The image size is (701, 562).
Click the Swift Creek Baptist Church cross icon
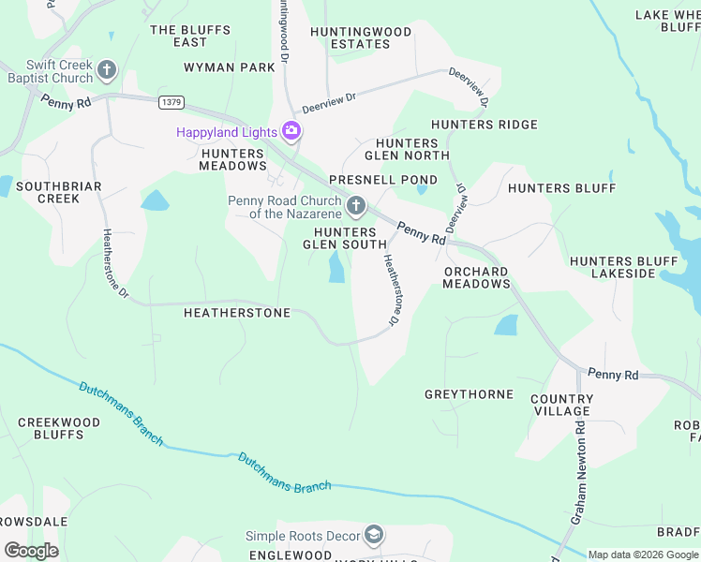pyautogui.click(x=107, y=69)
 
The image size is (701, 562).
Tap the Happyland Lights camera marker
pyautogui.click(x=291, y=131)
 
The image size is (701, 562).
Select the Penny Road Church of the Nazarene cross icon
pyautogui.click(x=355, y=206)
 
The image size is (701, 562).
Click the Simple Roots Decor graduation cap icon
pyautogui.click(x=374, y=535)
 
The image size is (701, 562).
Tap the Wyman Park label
pyautogui.click(x=230, y=67)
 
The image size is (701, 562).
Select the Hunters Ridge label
pyautogui.click(x=484, y=125)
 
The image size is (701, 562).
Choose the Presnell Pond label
pyautogui.click(x=382, y=179)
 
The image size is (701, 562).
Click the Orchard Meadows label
pyautogui.click(x=475, y=277)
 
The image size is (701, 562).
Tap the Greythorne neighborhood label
pyautogui.click(x=469, y=394)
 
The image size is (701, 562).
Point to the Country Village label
pyautogui.click(x=560, y=405)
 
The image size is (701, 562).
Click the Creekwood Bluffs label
pyautogui.click(x=59, y=428)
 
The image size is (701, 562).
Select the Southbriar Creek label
pyautogui.click(x=58, y=192)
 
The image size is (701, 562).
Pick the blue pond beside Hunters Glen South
pyautogui.click(x=336, y=270)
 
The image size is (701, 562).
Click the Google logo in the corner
pyautogui.click(x=30, y=550)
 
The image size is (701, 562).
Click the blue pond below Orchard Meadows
pyautogui.click(x=506, y=325)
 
